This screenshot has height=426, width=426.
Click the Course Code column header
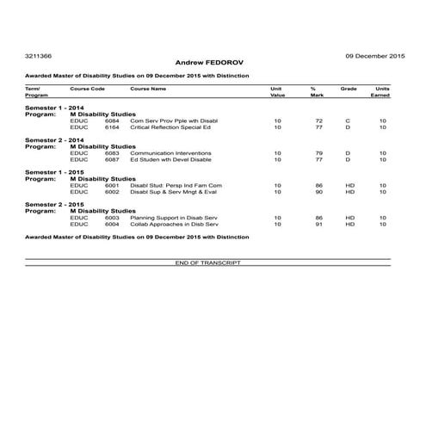87,88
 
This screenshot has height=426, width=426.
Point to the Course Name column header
148,88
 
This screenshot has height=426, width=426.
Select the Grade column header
349,88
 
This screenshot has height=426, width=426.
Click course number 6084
112,120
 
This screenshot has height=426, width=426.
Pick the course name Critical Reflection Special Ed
170,127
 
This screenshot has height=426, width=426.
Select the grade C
348,120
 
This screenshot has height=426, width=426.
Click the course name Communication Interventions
168,152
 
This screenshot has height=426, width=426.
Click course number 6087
112,159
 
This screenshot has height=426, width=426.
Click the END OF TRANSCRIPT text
207,262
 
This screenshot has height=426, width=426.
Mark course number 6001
112,185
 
